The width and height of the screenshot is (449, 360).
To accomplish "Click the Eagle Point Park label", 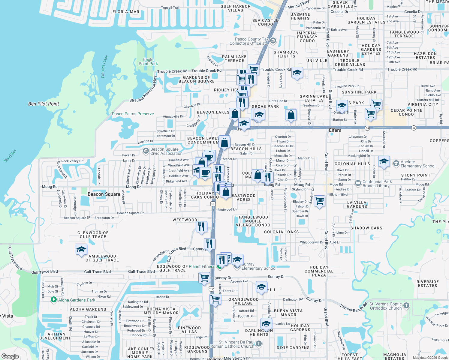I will (148, 61).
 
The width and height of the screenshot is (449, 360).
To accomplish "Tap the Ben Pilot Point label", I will (44, 104).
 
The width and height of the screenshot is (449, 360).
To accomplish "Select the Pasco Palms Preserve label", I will (133, 114).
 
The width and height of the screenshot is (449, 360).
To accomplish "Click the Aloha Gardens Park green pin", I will (54, 299).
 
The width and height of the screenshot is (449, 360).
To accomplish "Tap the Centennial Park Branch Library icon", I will (358, 183).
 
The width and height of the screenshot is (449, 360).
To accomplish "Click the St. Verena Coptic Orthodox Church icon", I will (406, 305).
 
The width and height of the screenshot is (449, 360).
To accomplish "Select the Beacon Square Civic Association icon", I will (146, 150).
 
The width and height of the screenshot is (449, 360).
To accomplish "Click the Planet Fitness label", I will (202, 266).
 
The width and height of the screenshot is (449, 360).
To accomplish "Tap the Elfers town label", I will (335, 130).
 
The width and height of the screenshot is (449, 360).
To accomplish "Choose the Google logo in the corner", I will (10, 356).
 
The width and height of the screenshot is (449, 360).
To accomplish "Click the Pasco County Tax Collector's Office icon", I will (273, 40).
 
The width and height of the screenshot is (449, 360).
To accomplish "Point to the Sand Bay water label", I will (10, 156).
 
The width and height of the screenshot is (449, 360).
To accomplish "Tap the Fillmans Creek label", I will (104, 67).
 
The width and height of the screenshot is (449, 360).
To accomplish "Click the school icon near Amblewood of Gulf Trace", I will (81, 250).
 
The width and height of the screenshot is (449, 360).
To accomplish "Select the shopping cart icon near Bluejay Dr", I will (320, 201).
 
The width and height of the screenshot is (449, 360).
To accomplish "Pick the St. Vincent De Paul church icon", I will (259, 343).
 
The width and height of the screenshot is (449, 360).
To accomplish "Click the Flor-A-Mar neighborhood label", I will (126, 12).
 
